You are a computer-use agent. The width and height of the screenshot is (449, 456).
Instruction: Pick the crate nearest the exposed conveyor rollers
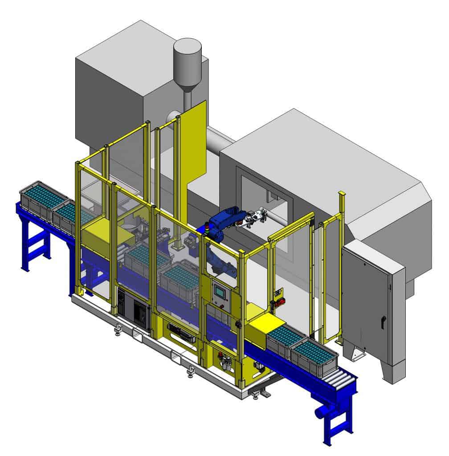coord(314,356)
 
